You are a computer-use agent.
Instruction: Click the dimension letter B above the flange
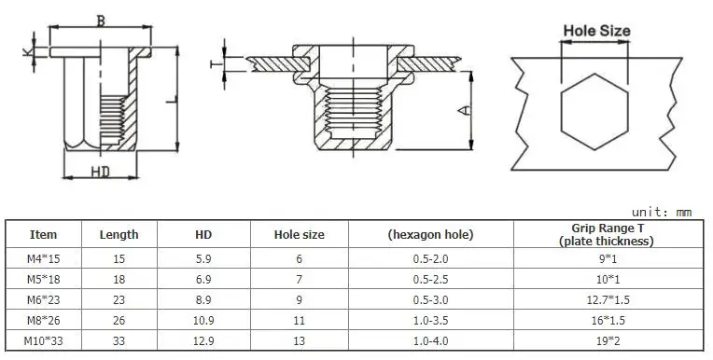click(x=101, y=21)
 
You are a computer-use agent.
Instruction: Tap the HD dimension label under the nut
click(x=101, y=172)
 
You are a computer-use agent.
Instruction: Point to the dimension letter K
click(x=27, y=52)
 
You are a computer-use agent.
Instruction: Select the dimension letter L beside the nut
click(x=172, y=99)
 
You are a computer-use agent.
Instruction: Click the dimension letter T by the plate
click(x=217, y=64)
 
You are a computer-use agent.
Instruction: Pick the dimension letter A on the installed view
click(x=464, y=110)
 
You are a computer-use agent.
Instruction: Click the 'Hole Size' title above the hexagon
click(x=596, y=31)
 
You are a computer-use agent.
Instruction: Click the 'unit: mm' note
click(x=661, y=213)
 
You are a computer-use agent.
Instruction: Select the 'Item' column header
click(x=43, y=234)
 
